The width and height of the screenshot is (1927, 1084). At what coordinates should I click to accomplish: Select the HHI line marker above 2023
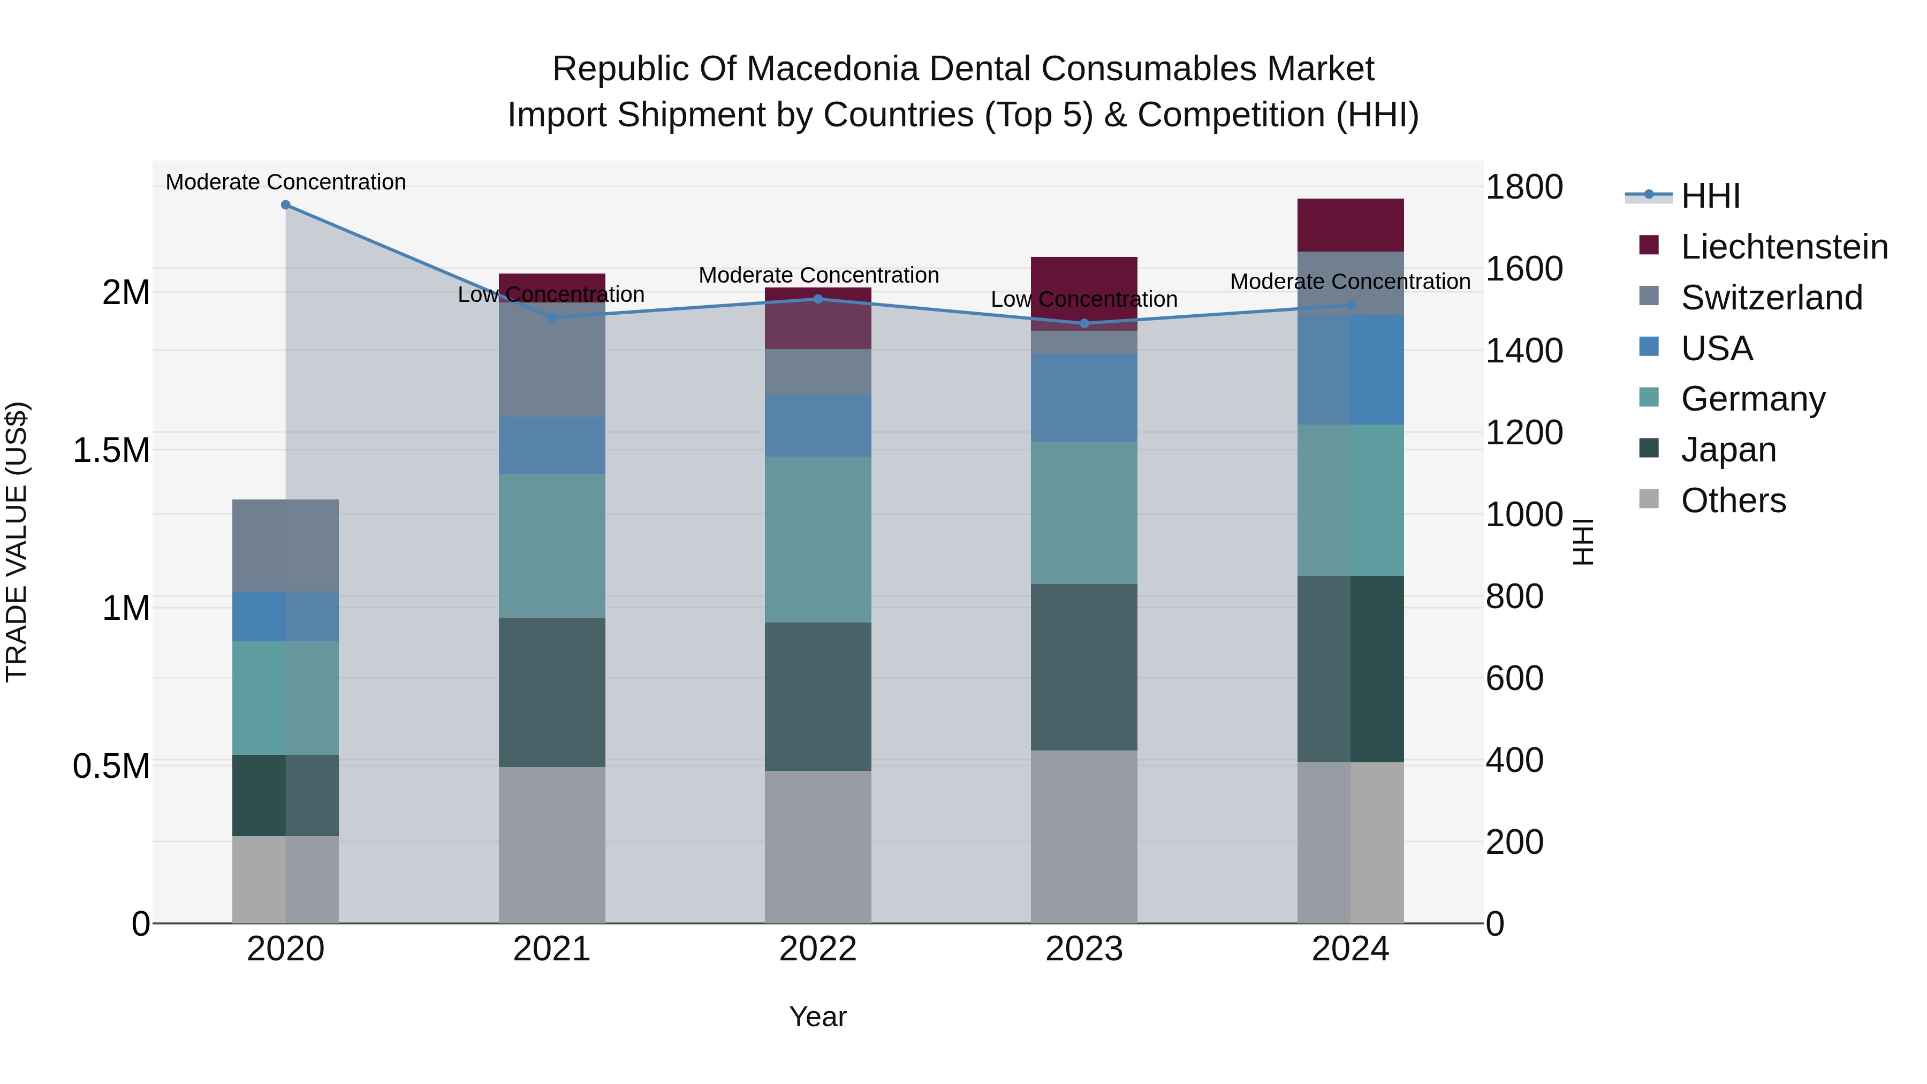point(1084,323)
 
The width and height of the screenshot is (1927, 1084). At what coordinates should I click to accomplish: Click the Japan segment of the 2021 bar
point(551,692)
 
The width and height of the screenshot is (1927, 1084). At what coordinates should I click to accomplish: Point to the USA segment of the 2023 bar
point(1084,397)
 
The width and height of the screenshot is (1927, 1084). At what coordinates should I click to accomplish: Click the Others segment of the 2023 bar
point(1084,836)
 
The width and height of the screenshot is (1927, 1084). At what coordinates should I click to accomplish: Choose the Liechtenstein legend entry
point(1784,247)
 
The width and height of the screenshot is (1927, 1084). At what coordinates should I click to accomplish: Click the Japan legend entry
point(1728,450)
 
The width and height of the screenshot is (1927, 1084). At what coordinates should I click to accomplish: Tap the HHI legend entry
point(1710,196)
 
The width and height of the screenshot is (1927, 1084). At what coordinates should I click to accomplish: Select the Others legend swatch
point(1649,499)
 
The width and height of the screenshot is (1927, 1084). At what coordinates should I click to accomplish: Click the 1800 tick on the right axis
point(1524,187)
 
